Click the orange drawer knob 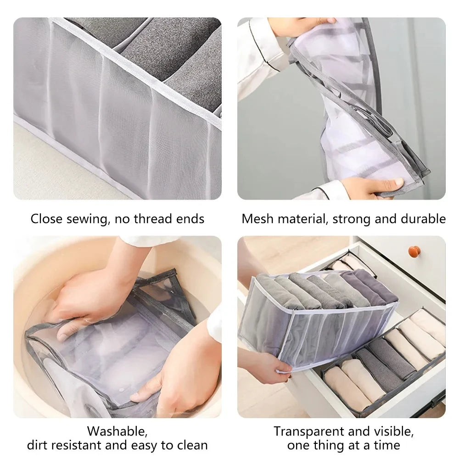(414, 252)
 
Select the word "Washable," (118, 431)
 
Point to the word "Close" (46, 219)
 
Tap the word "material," (301, 219)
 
